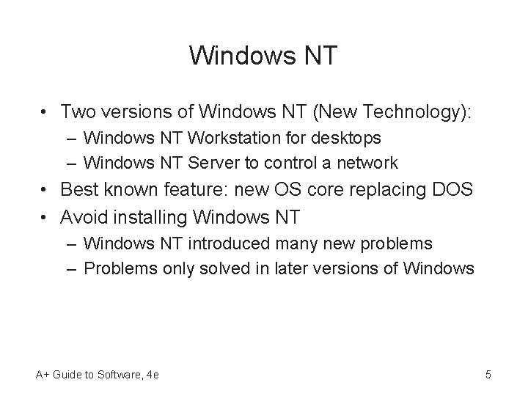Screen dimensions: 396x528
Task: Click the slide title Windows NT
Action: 263,56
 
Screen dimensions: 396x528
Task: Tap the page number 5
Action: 488,375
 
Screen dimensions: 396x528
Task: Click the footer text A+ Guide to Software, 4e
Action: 97,375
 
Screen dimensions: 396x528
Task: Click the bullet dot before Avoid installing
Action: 45,218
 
